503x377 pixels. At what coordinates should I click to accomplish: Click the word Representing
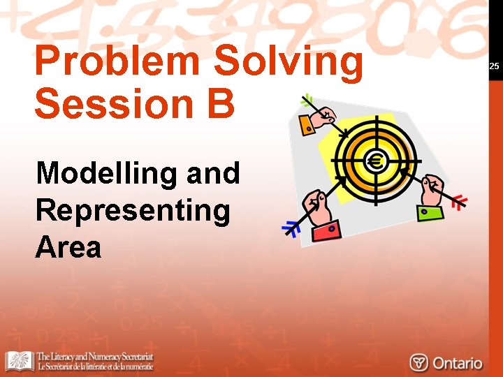point(132,210)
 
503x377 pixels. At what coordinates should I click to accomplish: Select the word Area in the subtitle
point(68,247)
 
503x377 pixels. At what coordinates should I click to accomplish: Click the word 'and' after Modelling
point(213,172)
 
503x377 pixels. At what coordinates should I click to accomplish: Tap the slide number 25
point(494,66)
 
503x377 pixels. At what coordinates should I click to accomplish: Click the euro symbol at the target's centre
point(377,163)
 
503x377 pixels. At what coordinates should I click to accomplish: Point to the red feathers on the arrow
point(458,203)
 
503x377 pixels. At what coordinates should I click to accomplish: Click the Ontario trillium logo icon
point(419,362)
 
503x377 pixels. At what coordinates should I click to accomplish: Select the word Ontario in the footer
point(457,363)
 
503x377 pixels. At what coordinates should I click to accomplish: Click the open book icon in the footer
point(20,361)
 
